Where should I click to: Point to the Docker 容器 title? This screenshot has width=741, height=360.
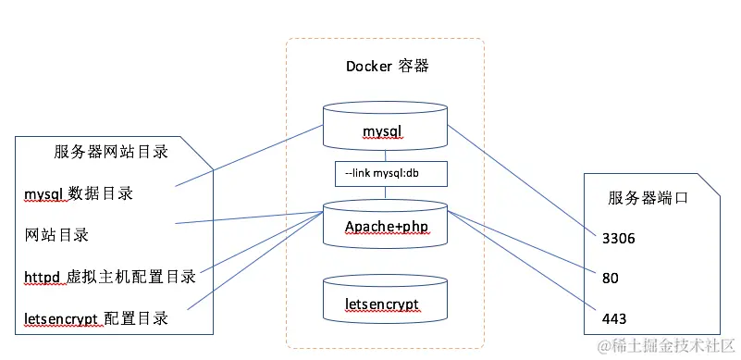click(x=388, y=66)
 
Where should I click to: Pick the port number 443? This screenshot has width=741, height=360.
click(x=614, y=318)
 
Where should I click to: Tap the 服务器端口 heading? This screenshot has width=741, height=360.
click(x=648, y=197)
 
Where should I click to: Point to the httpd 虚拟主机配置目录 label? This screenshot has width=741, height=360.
click(x=110, y=277)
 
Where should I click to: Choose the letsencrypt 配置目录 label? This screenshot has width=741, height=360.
click(x=96, y=318)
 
